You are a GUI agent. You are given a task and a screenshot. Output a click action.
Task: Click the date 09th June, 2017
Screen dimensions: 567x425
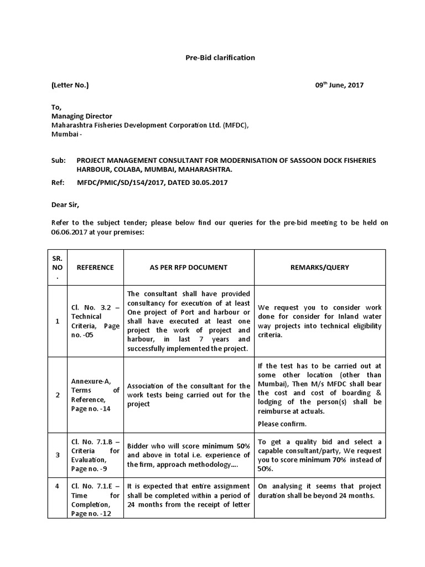tap(339, 85)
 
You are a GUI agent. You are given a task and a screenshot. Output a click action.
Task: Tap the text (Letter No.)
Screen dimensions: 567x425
tap(70, 85)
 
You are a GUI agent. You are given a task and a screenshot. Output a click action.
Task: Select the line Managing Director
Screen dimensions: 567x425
tap(82, 116)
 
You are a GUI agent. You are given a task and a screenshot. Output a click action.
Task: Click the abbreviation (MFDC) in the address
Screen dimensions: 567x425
tap(236, 126)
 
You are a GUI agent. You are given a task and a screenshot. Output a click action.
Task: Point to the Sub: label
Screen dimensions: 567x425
tap(58, 160)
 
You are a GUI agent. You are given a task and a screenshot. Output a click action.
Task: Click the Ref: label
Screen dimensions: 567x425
tap(58, 182)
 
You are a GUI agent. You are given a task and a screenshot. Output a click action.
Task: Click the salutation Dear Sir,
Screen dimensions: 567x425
tap(65, 204)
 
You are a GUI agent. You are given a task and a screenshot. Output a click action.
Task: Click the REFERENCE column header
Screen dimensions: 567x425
tap(95, 267)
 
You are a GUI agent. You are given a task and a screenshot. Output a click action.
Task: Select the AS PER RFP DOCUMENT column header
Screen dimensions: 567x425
tap(189, 267)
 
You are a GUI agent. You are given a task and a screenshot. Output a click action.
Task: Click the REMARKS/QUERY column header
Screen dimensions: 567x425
tap(320, 267)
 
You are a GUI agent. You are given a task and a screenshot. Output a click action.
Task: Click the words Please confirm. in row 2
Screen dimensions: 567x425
tap(280, 424)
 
